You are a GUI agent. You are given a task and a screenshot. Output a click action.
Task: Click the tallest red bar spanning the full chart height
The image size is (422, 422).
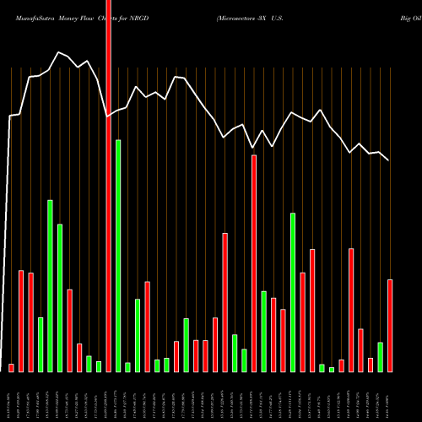[x=108, y=186]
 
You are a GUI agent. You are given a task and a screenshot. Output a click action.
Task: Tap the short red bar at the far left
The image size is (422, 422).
[x=12, y=367]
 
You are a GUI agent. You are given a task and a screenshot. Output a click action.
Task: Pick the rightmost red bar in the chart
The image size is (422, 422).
[x=390, y=325]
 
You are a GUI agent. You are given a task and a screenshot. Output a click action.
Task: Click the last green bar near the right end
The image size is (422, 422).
[x=381, y=356]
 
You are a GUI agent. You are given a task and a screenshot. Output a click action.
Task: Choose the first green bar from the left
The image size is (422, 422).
[x=41, y=344]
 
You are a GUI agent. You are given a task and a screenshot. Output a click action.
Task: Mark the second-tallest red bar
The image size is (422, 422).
[x=254, y=262]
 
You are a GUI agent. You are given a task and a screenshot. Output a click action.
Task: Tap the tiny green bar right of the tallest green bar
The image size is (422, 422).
[x=127, y=366]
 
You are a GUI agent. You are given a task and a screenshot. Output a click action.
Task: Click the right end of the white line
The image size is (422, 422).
[x=389, y=160]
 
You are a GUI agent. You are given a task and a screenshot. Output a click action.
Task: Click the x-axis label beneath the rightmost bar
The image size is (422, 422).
[x=389, y=406]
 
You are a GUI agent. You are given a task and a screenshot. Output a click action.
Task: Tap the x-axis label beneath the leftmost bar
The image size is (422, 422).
[x=12, y=406]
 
